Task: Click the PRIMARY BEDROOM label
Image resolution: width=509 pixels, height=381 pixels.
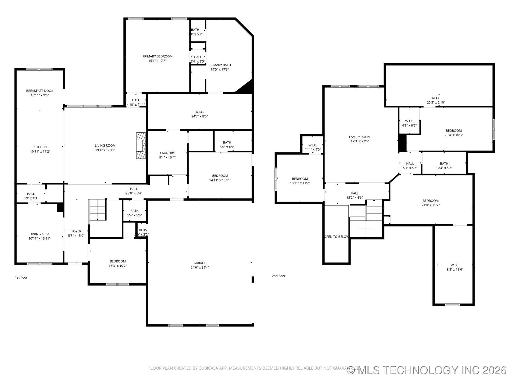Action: click(157, 56)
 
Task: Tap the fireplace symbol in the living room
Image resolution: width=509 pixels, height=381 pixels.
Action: click(141, 146)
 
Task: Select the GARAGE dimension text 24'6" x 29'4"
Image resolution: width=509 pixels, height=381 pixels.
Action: click(200, 267)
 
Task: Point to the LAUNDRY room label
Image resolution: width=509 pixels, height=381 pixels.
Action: click(167, 153)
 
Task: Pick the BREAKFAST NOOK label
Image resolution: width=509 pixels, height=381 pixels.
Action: click(40, 91)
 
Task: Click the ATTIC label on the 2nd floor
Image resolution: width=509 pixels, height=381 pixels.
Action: click(436, 98)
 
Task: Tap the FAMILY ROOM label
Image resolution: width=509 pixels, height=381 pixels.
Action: click(359, 137)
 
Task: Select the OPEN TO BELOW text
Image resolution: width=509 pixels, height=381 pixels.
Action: click(337, 237)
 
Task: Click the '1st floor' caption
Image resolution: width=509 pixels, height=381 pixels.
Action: click(21, 277)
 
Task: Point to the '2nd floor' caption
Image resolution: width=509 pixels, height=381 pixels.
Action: click(278, 276)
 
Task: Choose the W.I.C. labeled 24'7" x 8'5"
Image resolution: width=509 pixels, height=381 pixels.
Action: click(199, 114)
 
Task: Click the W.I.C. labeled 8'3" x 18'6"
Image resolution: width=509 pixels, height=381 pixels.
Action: click(455, 267)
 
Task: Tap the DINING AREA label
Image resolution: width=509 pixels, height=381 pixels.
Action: click(39, 234)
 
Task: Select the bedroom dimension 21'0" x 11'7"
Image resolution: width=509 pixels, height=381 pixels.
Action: click(431, 205)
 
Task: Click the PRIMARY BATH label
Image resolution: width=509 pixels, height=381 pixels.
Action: click(220, 65)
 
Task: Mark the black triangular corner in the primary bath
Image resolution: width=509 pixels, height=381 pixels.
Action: click(246, 88)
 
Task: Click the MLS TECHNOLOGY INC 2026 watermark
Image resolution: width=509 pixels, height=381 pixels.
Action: click(427, 370)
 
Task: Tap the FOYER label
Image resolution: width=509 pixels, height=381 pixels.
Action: click(76, 231)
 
